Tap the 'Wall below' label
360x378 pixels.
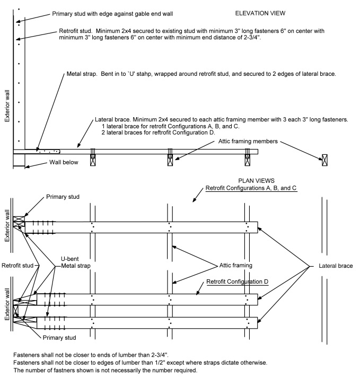pyautogui.click(x=64, y=162)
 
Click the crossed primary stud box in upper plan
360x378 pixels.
pyautogui.click(x=19, y=222)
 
